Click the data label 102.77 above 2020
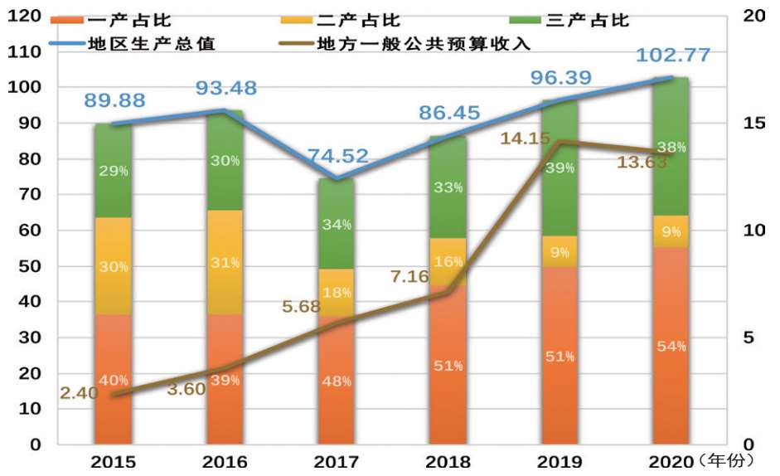click(673, 56)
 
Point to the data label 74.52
click(337, 156)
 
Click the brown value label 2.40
click(79, 392)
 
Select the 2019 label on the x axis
click(560, 460)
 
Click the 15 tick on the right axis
click(753, 123)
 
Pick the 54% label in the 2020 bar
click(671, 346)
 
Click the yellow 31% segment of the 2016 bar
click(225, 262)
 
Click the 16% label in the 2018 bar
click(448, 261)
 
